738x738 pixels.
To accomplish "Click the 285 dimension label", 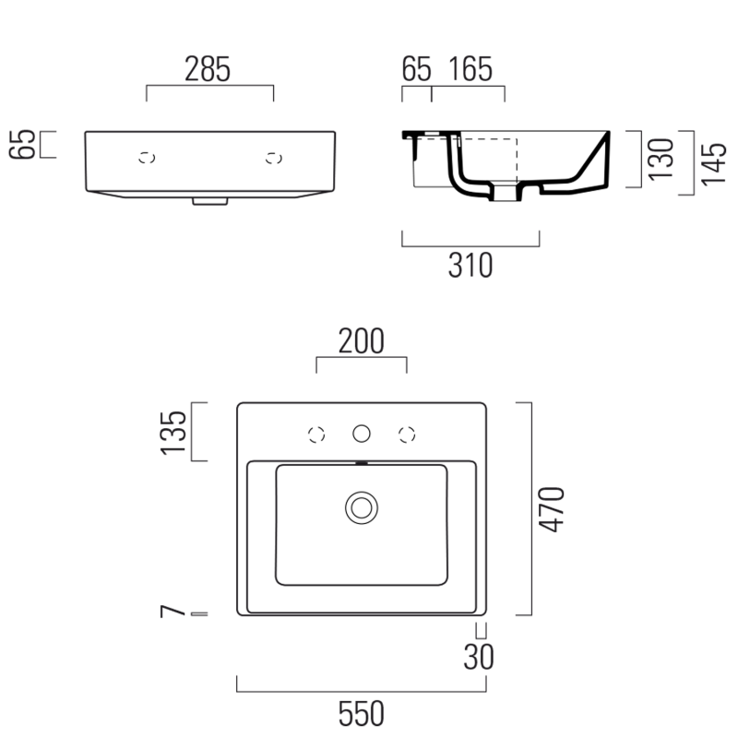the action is pyautogui.click(x=208, y=69).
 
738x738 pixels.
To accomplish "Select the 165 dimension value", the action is pyautogui.click(x=470, y=69).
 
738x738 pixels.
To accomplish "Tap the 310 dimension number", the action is pyautogui.click(x=470, y=266).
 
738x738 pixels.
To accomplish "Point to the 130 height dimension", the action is pyautogui.click(x=661, y=159).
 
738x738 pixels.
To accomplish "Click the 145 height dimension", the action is pyautogui.click(x=713, y=164).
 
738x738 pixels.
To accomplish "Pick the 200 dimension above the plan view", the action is pyautogui.click(x=362, y=340).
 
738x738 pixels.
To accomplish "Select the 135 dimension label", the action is pyautogui.click(x=173, y=433).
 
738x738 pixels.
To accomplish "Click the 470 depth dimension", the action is pyautogui.click(x=551, y=509).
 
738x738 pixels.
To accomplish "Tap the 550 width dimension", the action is pyautogui.click(x=362, y=713).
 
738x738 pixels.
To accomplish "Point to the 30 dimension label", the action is pyautogui.click(x=479, y=657).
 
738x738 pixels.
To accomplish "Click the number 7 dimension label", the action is pyautogui.click(x=173, y=612).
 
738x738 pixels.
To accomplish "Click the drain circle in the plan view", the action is pyautogui.click(x=362, y=508).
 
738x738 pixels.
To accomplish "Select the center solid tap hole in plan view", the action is pyautogui.click(x=362, y=434).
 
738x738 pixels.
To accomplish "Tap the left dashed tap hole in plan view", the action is pyautogui.click(x=316, y=434).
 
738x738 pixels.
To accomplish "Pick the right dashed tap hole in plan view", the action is pyautogui.click(x=407, y=434).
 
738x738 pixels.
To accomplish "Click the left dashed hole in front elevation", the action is pyautogui.click(x=147, y=158).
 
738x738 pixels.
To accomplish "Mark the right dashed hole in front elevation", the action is pyautogui.click(x=274, y=158).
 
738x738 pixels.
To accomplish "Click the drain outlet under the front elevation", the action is pyautogui.click(x=210, y=201).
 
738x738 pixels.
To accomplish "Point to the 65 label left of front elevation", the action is pyautogui.click(x=22, y=144).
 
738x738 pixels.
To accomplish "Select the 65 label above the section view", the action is pyautogui.click(x=417, y=69).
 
